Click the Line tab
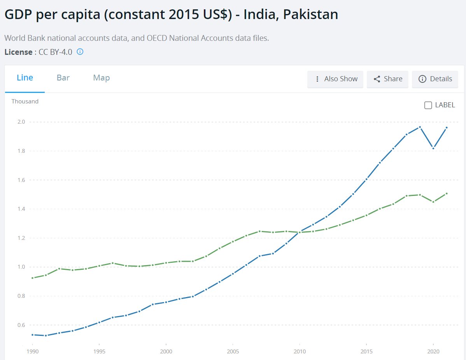coord(25,78)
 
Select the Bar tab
coord(63,78)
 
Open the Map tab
coord(102,78)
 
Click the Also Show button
coord(335,79)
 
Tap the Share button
coord(387,79)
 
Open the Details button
coord(435,79)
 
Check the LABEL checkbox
coord(428,105)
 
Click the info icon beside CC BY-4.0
coord(80,52)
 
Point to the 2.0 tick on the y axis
coord(21,122)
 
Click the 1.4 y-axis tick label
coord(21,209)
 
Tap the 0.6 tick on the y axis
coord(21,325)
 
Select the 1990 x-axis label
coord(32,352)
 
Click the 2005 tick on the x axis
coord(233,352)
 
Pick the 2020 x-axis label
coord(433,352)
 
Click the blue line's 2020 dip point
coord(433,148)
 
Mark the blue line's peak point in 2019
coord(420,127)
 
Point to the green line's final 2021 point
coord(447,194)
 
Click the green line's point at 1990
coord(32,278)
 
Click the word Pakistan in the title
coord(310,14)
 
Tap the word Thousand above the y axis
coord(25,101)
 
